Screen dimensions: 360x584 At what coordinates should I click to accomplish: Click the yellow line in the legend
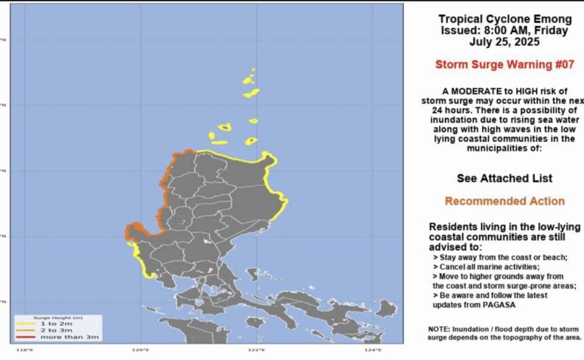coord(27,323)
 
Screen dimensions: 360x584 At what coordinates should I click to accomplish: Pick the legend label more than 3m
coord(60,337)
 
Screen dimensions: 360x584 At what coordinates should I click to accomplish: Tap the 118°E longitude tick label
coord(24,350)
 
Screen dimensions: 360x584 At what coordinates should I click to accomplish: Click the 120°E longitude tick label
coord(141,350)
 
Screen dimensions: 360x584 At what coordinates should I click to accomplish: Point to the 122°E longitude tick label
coord(256,350)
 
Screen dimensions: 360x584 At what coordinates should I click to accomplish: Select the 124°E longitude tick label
coord(372,350)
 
